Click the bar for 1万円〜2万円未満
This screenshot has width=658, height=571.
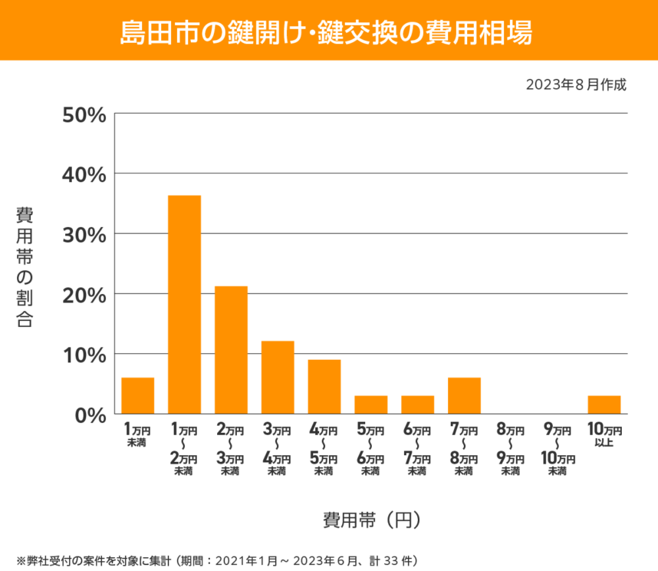click(x=184, y=305)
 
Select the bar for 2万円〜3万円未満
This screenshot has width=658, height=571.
click(x=231, y=350)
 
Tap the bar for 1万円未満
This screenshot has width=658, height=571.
click(x=137, y=395)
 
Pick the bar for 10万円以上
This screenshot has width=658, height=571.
click(x=604, y=404)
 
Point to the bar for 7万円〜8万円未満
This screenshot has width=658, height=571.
click(x=464, y=395)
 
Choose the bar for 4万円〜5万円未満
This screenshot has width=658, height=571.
click(x=324, y=387)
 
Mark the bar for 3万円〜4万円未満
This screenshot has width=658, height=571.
click(x=278, y=377)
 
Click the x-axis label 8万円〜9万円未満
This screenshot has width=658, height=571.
click(x=510, y=449)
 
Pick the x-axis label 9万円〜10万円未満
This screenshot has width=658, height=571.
click(x=558, y=449)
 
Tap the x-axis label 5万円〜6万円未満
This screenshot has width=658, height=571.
click(x=370, y=449)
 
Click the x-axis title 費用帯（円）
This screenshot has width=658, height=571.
click(x=371, y=520)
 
